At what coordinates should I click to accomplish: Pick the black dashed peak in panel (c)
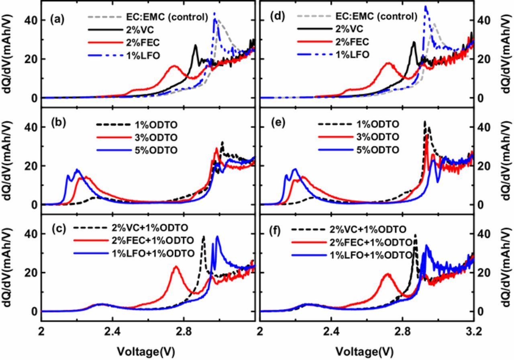click(x=204, y=237)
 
